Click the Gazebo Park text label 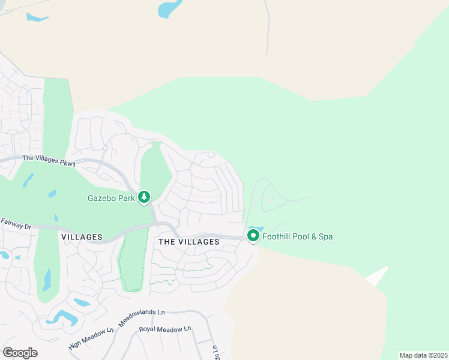tap(111, 197)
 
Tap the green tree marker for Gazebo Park tap(144, 197)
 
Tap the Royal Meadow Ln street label tap(164, 329)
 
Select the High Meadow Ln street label tap(91, 338)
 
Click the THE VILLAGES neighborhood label tap(189, 241)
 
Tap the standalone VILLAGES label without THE tap(82, 237)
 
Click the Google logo tap(20, 352)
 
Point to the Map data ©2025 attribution tap(423, 355)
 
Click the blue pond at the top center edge tap(170, 8)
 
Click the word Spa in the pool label tap(325, 236)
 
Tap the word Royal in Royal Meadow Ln tap(148, 329)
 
